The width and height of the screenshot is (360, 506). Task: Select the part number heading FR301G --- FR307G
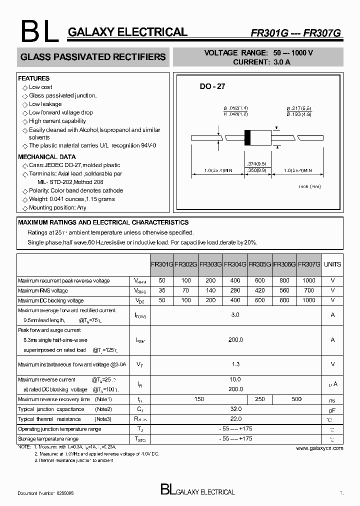point(295,32)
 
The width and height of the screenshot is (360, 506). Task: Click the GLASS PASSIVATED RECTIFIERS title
point(93,57)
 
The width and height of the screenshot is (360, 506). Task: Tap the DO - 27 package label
point(212,86)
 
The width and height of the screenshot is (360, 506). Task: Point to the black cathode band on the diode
point(247,138)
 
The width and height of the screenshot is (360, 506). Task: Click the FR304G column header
point(234,264)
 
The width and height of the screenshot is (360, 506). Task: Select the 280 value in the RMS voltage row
point(234,290)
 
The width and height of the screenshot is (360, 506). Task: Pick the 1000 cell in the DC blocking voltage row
point(309,300)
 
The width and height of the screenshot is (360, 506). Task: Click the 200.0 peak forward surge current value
point(235,339)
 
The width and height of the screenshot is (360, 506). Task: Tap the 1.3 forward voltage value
point(235,364)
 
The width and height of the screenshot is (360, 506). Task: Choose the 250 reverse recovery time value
point(259,399)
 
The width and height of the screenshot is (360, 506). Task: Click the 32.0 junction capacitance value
point(235,409)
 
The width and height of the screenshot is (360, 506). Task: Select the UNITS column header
point(332,264)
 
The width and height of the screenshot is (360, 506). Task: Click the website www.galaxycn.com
point(319,448)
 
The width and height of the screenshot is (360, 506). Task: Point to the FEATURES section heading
point(34,78)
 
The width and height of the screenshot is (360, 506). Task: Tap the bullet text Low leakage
point(45,104)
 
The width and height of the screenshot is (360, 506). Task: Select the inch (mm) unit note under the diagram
point(310,186)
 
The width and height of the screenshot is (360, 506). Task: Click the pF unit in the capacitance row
point(332,409)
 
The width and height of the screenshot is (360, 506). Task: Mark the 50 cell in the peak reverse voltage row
point(162,280)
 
